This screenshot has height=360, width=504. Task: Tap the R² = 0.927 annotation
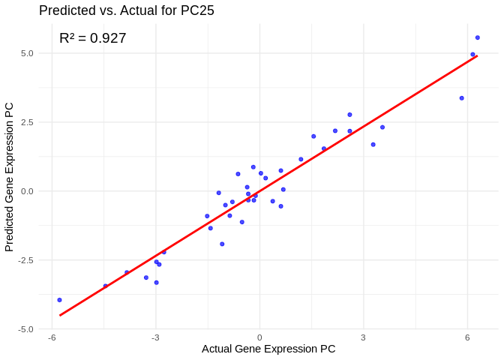93,38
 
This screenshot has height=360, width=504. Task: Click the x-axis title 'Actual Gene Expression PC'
268,349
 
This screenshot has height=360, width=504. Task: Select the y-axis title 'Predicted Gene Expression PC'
10,177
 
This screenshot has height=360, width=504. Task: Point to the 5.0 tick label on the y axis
26,53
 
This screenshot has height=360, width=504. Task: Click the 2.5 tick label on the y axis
26,122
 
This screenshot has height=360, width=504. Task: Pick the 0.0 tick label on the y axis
26,191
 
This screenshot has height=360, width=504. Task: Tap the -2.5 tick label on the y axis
25,260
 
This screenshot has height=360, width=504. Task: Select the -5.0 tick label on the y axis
25,329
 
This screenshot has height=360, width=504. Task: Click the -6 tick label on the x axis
52,337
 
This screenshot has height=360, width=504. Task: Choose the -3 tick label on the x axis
155,337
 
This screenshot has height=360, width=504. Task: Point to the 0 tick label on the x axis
259,337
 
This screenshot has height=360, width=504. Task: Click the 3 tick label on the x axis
363,337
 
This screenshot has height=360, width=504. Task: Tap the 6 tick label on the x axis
467,337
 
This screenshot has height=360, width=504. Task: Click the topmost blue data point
477,37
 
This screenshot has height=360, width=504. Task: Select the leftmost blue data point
60,300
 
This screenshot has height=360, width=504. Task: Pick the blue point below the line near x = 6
462,98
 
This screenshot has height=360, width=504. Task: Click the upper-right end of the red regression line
477,55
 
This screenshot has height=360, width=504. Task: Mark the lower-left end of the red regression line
60,315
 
